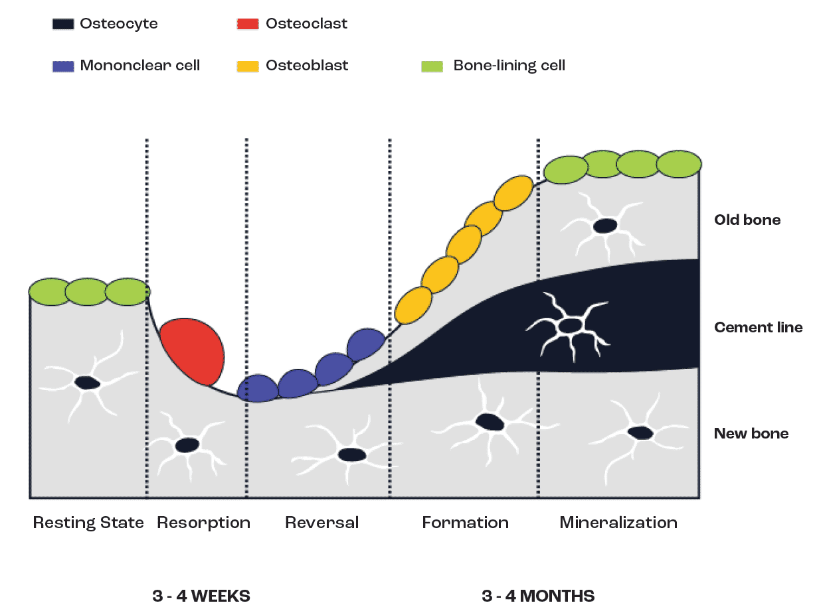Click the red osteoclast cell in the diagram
pos(193,352)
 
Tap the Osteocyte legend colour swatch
pos(63,25)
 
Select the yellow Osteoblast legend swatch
pos(247,66)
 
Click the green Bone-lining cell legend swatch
pos(432,66)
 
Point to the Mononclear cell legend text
pos(139,66)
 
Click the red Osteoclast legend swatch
pos(247,25)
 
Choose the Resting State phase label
pos(88,523)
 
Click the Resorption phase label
pos(203,523)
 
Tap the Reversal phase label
pos(321,523)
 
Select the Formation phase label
pos(465,523)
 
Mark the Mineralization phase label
pos(618,523)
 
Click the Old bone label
pos(747,220)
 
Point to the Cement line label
pos(758,328)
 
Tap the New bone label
pos(751,434)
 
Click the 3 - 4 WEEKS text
pos(201,596)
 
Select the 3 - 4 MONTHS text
pos(538,596)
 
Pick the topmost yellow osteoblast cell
pos(513,193)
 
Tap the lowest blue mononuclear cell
pos(257,389)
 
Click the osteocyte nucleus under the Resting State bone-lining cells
pos(87,383)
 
